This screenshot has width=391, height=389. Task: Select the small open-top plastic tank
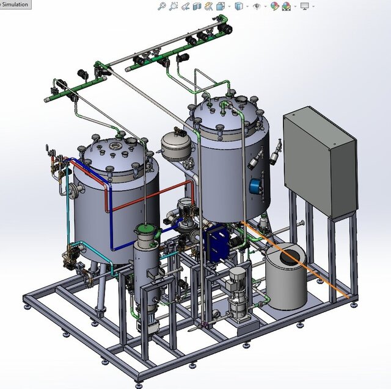[x=286, y=280]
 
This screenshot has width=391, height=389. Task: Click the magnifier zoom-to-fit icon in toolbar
[x=161, y=6]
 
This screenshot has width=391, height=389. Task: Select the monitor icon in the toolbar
[x=303, y=6]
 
